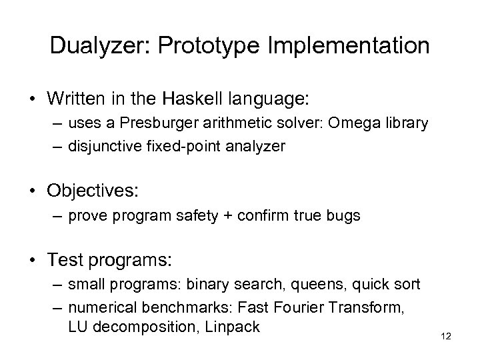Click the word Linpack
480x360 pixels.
(236, 328)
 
